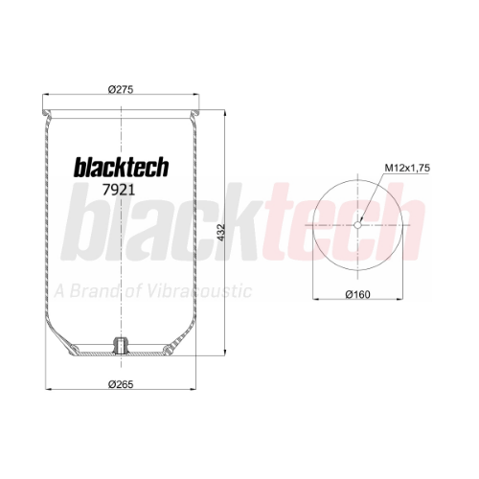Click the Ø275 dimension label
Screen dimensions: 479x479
point(121,90)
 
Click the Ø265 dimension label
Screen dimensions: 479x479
point(121,384)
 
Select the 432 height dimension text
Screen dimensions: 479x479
point(221,233)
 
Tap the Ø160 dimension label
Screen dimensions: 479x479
point(357,294)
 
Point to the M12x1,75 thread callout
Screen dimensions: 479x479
point(407,168)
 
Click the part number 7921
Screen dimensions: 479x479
point(119,191)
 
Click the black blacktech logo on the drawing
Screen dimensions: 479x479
point(122,167)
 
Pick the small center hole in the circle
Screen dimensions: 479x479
point(357,225)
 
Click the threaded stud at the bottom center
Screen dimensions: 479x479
point(121,346)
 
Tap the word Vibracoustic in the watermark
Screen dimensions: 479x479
point(199,291)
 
